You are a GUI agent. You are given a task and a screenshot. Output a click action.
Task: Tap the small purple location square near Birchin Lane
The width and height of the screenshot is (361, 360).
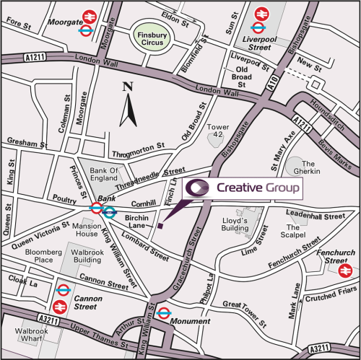[160, 225]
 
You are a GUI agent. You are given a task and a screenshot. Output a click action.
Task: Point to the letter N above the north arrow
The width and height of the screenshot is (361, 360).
[128, 87]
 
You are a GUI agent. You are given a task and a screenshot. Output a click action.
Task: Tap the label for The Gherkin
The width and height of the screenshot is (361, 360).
[316, 167]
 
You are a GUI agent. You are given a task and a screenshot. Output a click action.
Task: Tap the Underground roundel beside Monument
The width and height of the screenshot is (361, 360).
[164, 313]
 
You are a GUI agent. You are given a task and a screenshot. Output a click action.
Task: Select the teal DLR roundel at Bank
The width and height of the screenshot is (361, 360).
[110, 211]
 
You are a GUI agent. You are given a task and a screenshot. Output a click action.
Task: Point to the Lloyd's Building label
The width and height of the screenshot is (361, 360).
[234, 224]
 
